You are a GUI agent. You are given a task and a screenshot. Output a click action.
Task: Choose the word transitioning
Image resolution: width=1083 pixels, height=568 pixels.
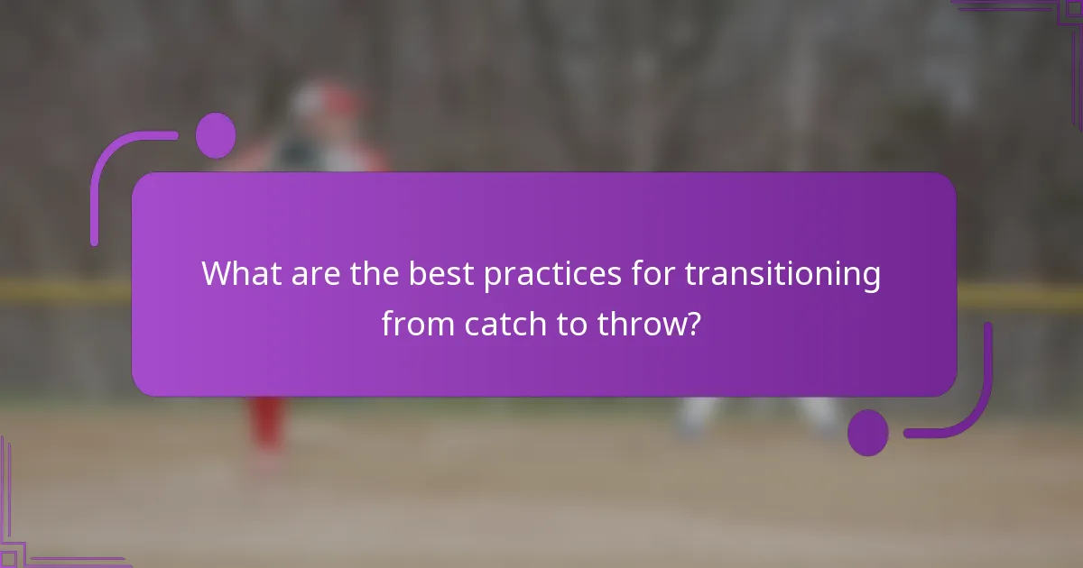point(783,273)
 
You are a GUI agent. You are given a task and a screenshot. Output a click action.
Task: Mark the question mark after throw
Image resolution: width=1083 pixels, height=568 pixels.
point(692,322)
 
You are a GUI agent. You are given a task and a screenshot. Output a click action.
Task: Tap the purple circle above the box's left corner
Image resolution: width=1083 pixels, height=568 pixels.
point(216,135)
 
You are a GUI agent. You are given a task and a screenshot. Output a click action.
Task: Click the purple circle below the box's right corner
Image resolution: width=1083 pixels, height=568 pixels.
point(868,433)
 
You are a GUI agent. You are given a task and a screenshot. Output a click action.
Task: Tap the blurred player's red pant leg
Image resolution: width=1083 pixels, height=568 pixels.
point(266,424)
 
